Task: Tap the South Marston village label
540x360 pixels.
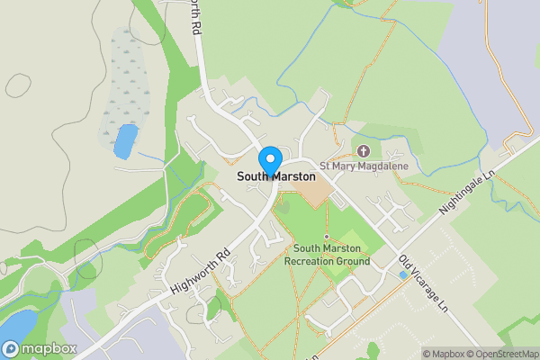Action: pos(276,177)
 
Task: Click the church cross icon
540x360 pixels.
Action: pos(364,150)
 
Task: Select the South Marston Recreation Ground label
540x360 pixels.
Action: pos(327,255)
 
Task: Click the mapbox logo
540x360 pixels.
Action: pos(40,348)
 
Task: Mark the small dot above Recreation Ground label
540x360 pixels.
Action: pos(327,236)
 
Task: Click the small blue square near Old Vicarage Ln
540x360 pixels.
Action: pos(402,274)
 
